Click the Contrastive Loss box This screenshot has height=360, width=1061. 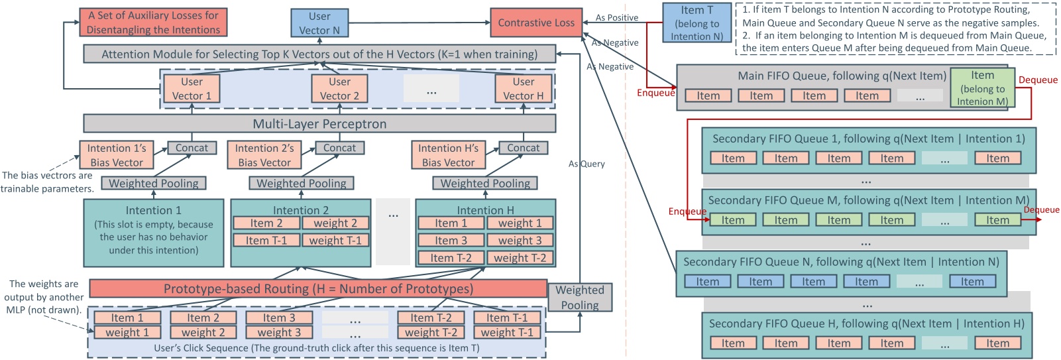coord(536,23)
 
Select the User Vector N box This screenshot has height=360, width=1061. coord(319,23)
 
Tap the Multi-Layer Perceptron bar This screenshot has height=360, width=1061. coord(319,124)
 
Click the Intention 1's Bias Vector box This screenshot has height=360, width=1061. coord(117,155)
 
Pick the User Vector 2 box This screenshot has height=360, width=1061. coord(339,89)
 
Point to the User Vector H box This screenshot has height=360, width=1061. coord(523,89)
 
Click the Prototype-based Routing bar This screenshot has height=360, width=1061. coord(318,288)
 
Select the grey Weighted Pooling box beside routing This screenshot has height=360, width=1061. coord(579,297)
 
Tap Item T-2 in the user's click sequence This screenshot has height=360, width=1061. coord(431,318)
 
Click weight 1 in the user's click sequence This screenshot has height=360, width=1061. coord(127,332)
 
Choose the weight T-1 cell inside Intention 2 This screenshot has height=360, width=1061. coord(335,241)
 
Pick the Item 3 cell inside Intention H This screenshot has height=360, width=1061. coord(451,241)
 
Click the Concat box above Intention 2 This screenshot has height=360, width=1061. coord(339,148)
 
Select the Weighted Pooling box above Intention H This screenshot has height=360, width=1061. coord(485,183)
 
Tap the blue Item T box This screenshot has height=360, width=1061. coord(697,23)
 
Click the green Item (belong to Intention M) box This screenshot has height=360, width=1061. coord(982,88)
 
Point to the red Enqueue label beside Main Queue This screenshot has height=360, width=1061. coord(655,93)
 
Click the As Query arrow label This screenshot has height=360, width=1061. coord(586,164)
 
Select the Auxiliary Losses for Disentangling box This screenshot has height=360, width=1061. coord(154,23)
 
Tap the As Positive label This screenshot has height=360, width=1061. coord(616,18)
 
